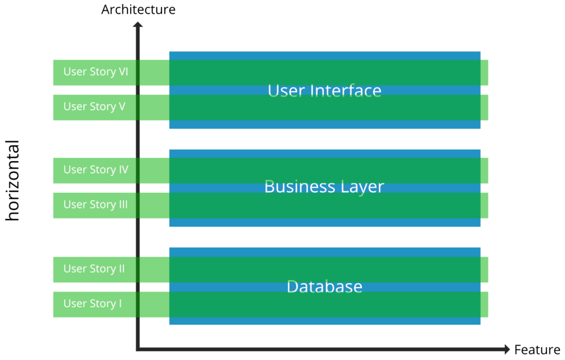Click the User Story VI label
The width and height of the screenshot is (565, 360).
(x=95, y=72)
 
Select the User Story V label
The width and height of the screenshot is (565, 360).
(x=94, y=107)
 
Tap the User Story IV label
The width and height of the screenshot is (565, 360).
(x=95, y=170)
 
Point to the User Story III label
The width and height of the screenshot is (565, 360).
(x=95, y=205)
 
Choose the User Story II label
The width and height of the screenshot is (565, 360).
(x=94, y=269)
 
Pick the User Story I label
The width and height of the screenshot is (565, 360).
(x=92, y=304)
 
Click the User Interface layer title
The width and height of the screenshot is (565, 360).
(x=324, y=91)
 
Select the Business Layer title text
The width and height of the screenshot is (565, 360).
(x=324, y=187)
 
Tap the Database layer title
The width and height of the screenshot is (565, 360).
(x=324, y=287)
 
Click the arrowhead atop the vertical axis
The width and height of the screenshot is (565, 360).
(x=137, y=24)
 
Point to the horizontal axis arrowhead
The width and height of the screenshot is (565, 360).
(x=507, y=349)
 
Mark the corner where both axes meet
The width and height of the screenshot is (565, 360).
(x=138, y=349)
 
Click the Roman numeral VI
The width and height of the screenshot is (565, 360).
(x=124, y=72)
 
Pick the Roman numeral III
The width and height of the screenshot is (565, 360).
(x=123, y=205)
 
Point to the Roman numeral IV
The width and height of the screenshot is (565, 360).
(x=124, y=170)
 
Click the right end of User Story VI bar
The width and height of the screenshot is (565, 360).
(x=485, y=72)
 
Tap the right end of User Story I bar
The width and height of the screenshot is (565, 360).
(x=485, y=304)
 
